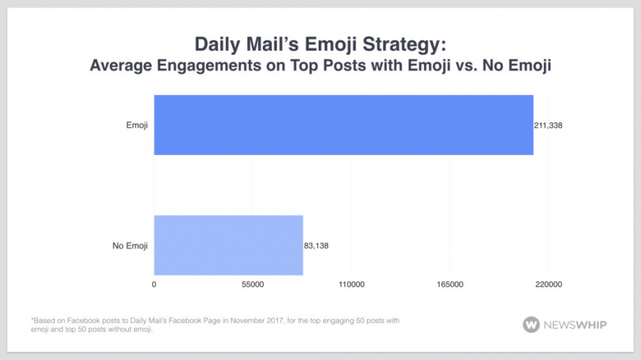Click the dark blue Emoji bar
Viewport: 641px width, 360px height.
(x=343, y=125)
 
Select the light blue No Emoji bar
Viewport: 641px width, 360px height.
(x=228, y=245)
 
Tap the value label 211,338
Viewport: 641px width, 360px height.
(x=549, y=125)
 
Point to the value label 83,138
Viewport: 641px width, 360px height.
(x=317, y=246)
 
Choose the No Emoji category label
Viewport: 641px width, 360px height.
(x=130, y=246)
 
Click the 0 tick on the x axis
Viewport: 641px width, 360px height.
(x=154, y=285)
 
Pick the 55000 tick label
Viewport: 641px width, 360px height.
(x=253, y=285)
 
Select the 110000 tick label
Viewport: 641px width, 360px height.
(x=351, y=285)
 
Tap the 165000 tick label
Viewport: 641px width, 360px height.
(x=451, y=285)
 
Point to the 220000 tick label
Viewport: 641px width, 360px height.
(x=548, y=285)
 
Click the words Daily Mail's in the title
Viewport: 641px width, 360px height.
(x=226, y=45)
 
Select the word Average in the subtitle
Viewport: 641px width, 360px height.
(x=117, y=66)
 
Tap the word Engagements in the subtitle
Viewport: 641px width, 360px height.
(x=198, y=66)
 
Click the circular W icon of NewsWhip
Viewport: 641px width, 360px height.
(x=531, y=324)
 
